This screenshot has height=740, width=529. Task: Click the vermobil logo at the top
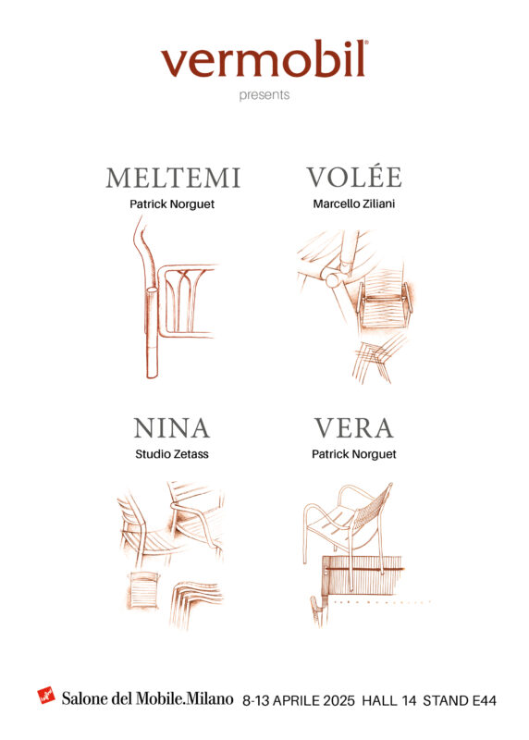(x=264, y=59)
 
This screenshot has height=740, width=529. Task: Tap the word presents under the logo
(x=264, y=95)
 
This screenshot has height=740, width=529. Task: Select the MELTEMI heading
(x=173, y=178)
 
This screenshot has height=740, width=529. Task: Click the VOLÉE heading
(x=354, y=177)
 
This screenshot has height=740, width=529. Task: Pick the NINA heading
(x=172, y=428)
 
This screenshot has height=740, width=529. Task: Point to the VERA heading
(x=354, y=428)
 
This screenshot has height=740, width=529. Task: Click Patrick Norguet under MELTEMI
(x=172, y=204)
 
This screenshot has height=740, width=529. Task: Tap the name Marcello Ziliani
(x=354, y=203)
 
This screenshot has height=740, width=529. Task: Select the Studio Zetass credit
(x=172, y=454)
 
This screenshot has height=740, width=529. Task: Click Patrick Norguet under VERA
(x=354, y=454)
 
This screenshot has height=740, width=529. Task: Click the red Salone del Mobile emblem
(x=46, y=696)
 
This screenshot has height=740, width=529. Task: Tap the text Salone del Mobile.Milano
(x=147, y=698)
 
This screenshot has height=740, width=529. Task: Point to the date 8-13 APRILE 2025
(x=298, y=700)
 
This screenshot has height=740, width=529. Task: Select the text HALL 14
(x=388, y=700)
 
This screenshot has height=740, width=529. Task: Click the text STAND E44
(x=459, y=700)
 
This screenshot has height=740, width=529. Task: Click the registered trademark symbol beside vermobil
(x=366, y=42)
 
